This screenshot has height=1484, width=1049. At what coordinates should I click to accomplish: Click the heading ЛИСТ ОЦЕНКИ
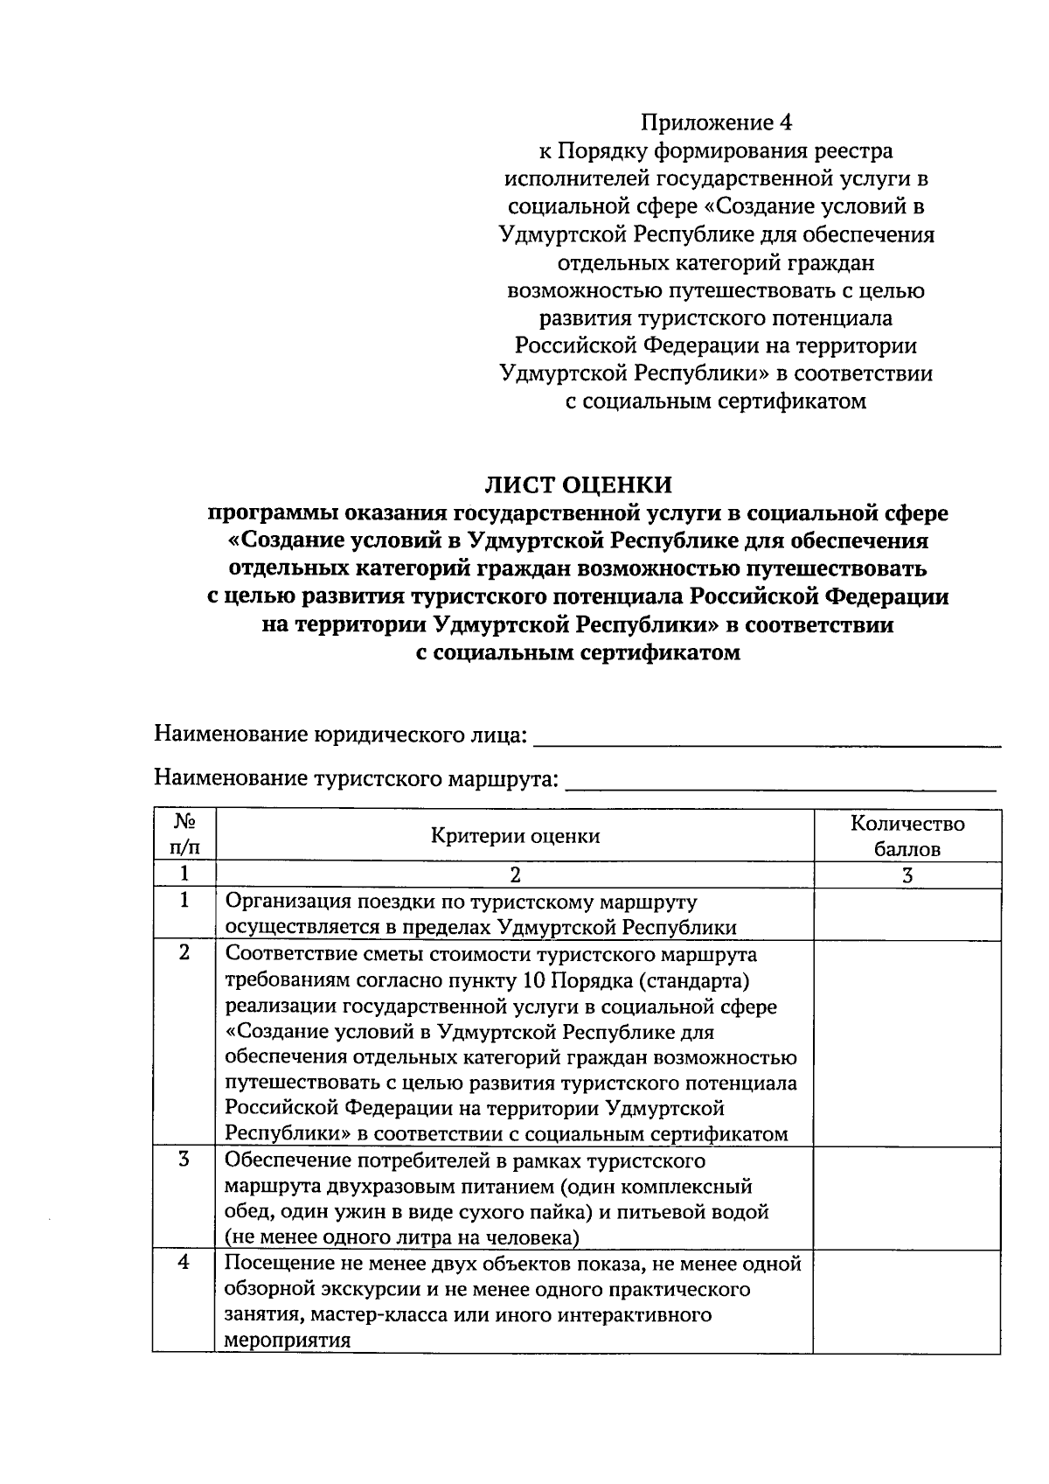(579, 484)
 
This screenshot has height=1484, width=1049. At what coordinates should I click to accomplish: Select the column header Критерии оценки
(515, 836)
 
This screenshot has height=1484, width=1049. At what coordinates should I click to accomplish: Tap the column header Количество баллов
(907, 836)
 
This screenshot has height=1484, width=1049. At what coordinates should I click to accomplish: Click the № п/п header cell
(184, 836)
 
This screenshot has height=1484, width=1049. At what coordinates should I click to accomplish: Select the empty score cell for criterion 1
(907, 914)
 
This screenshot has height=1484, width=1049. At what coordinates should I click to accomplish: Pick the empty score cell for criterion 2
(907, 1042)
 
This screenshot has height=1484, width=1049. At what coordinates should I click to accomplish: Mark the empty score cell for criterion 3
(907, 1198)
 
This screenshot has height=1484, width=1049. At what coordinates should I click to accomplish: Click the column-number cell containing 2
(515, 875)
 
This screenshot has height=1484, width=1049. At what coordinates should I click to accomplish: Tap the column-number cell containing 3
(907, 875)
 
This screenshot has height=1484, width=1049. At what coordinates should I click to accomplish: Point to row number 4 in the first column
(184, 1264)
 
